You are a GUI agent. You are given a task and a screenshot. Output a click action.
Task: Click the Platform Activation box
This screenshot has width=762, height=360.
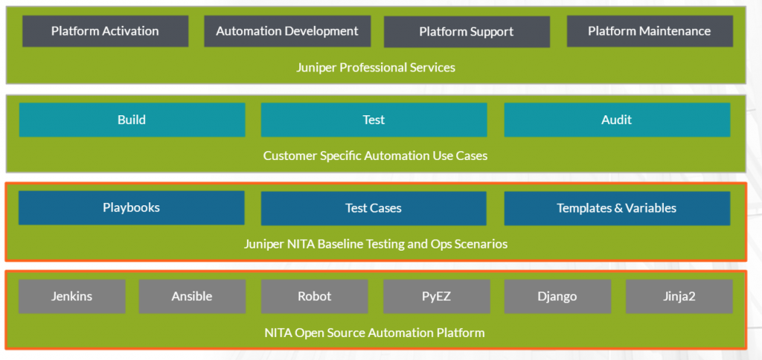[x=105, y=31]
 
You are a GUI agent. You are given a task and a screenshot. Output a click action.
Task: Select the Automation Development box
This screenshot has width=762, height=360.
[x=287, y=31]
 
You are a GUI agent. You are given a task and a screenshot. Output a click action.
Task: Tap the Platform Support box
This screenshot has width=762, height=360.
[x=467, y=32]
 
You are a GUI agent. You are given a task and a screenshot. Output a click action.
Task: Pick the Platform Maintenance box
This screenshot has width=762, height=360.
[x=650, y=31]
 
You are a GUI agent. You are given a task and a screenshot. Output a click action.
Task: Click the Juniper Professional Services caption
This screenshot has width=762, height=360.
[x=376, y=68]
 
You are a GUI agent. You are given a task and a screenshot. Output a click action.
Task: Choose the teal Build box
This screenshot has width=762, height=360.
[x=132, y=120]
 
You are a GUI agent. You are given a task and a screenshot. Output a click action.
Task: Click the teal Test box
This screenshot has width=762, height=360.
[x=374, y=120]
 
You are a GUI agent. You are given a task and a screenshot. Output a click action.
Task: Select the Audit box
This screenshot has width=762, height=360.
[x=617, y=120]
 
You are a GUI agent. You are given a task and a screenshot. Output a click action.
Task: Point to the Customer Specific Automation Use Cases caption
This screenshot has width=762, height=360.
[x=375, y=156]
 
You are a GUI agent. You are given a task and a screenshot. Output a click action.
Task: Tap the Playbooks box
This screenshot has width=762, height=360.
[x=131, y=208]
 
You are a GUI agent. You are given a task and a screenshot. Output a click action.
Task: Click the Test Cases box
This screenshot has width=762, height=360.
[x=374, y=208]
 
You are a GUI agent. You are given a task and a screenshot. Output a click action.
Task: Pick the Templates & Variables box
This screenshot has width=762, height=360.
[x=617, y=208]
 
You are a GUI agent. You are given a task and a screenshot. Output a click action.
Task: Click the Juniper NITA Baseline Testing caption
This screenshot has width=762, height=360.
[x=376, y=244]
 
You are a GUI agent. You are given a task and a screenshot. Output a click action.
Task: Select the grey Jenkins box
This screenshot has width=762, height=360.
[x=72, y=296]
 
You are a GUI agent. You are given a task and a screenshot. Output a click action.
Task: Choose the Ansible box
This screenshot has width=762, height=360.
[x=192, y=296]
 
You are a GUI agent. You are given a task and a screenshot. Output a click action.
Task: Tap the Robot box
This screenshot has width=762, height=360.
[x=315, y=296]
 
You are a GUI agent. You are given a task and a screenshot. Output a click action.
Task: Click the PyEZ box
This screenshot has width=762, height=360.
[x=436, y=296]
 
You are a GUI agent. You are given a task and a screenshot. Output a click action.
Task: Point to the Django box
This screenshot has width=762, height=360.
[x=557, y=296]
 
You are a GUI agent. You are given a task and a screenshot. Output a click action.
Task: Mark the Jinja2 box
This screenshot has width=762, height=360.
[x=679, y=296]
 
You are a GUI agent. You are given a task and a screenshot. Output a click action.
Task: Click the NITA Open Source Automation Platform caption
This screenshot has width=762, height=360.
[x=374, y=332]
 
